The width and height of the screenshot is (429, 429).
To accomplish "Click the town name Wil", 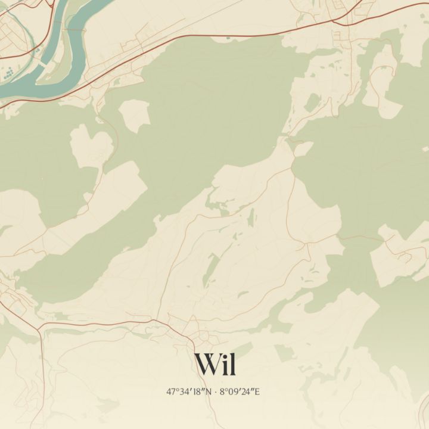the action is (214, 364).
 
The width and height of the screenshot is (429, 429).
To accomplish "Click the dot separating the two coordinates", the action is (216, 391).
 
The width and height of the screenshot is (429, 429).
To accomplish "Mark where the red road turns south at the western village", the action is (41, 328).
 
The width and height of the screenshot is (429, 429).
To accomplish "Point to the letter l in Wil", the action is (232, 363).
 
